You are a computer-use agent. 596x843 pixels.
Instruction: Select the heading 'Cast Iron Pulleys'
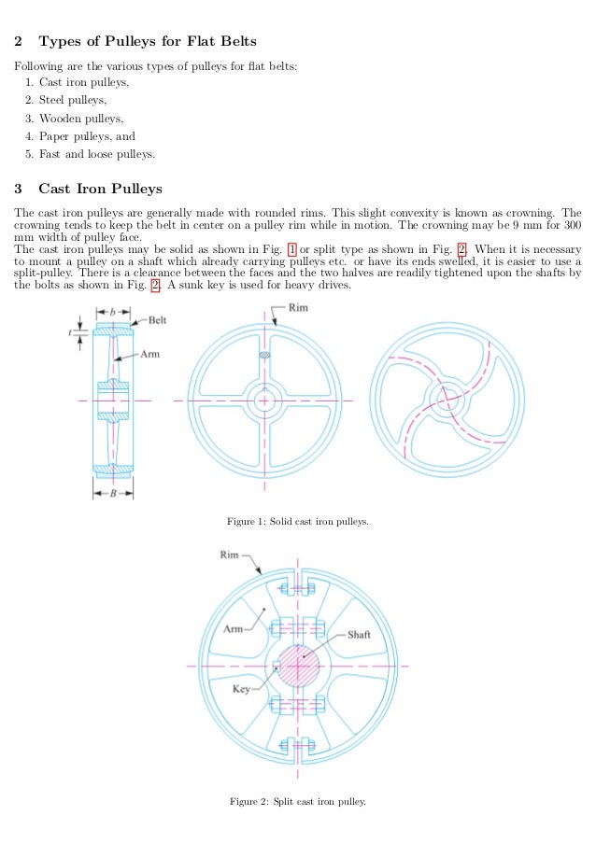click(100, 188)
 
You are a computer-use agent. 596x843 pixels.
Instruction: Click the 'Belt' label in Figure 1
click(157, 320)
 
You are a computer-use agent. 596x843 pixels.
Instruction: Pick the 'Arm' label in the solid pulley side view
click(149, 354)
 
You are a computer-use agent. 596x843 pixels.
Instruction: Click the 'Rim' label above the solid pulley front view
click(298, 307)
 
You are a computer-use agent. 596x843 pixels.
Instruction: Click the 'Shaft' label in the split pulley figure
click(359, 635)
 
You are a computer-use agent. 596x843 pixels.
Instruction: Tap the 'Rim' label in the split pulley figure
click(230, 555)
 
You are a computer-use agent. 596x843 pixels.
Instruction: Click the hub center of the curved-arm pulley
click(445, 400)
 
